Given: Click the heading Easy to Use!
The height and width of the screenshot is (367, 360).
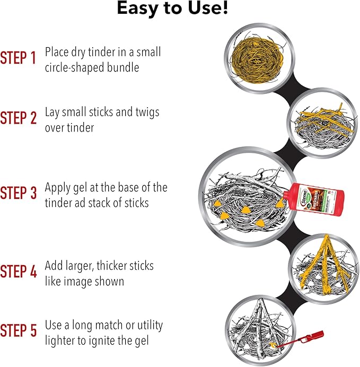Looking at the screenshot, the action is click(x=172, y=8).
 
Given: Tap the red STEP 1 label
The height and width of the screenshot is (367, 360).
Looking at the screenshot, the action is click(x=18, y=58).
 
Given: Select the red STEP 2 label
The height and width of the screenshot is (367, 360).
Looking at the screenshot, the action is click(x=19, y=118).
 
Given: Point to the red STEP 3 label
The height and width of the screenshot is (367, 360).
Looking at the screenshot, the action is click(x=19, y=193).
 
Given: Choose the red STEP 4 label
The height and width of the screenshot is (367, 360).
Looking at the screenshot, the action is click(x=19, y=271).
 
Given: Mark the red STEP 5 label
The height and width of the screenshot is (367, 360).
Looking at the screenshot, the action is click(x=19, y=330).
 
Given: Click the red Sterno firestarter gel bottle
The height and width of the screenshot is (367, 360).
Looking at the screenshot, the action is click(x=313, y=199).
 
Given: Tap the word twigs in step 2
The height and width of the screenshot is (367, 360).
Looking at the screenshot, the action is click(x=147, y=112).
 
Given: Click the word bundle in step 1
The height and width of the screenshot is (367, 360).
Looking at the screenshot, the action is click(x=123, y=67).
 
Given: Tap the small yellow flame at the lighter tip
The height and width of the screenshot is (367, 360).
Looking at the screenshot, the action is click(x=273, y=344).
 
